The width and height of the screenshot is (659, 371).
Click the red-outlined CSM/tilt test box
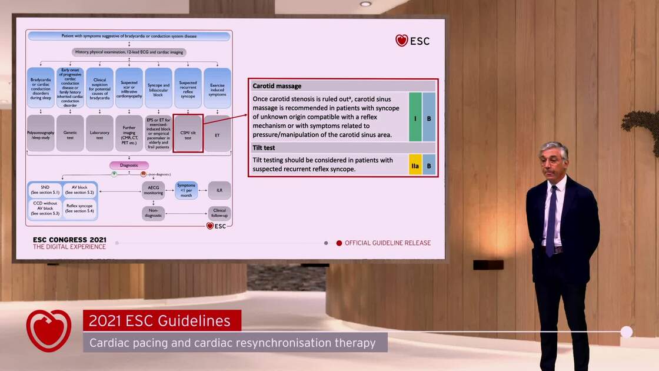188,134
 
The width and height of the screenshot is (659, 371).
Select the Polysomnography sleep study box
41,134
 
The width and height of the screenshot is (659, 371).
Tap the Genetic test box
70,134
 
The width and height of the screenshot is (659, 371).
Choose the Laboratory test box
99,134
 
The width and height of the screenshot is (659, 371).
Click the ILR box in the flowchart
219,190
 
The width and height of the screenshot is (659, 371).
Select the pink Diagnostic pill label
129,165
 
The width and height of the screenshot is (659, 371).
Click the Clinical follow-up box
219,213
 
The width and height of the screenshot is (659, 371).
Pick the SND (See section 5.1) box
45,190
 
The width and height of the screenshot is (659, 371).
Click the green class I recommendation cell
415,118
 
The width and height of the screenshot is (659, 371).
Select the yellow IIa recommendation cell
415,166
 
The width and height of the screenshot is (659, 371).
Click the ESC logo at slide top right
412,41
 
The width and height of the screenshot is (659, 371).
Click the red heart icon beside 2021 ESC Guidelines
49,330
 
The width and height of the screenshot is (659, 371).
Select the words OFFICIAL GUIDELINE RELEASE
387,243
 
